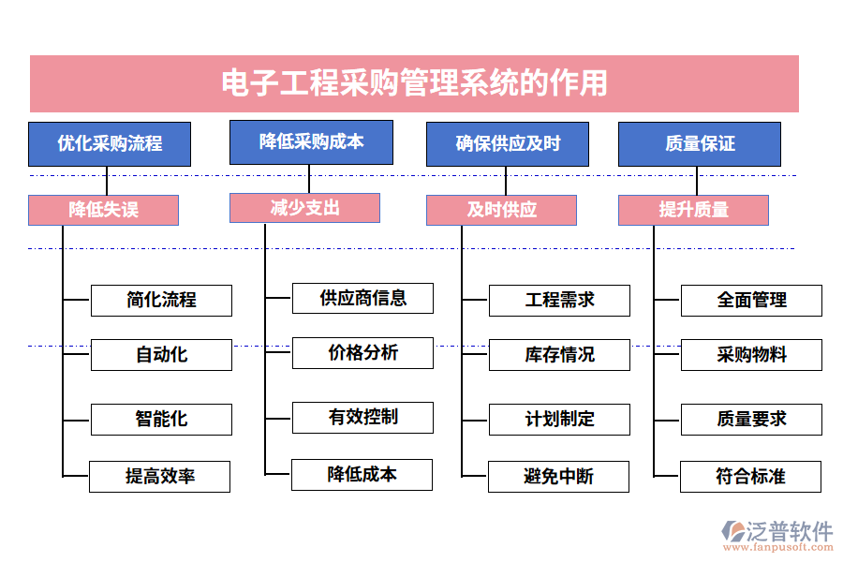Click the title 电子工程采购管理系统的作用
coord(414,83)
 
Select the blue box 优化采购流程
coord(110,143)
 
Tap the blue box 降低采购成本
coord(311,141)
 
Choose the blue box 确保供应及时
coord(508,143)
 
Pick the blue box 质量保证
coord(700,143)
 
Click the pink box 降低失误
coord(103,210)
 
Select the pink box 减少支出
coord(304,208)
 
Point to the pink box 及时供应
coord(501,210)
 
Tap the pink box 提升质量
coord(693,210)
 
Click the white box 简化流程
coord(161,300)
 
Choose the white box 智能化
coord(161,420)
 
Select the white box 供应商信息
coord(362,298)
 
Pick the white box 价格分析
coord(362,352)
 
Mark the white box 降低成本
coord(362,475)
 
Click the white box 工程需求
coord(559,300)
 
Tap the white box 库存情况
coord(559,355)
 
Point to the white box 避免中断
coord(558,477)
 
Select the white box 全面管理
coord(751,300)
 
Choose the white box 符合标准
coord(750,477)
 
